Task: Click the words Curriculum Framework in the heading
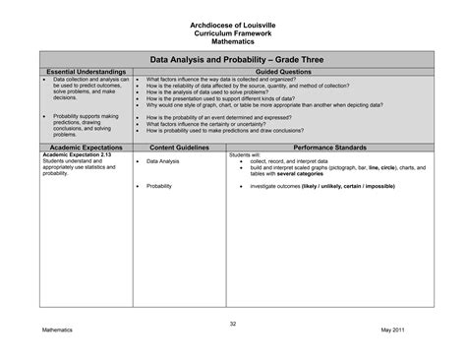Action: coord(234,33)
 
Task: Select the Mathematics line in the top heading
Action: coord(234,41)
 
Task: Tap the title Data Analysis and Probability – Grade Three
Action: coord(234,61)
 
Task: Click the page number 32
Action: coord(234,324)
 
